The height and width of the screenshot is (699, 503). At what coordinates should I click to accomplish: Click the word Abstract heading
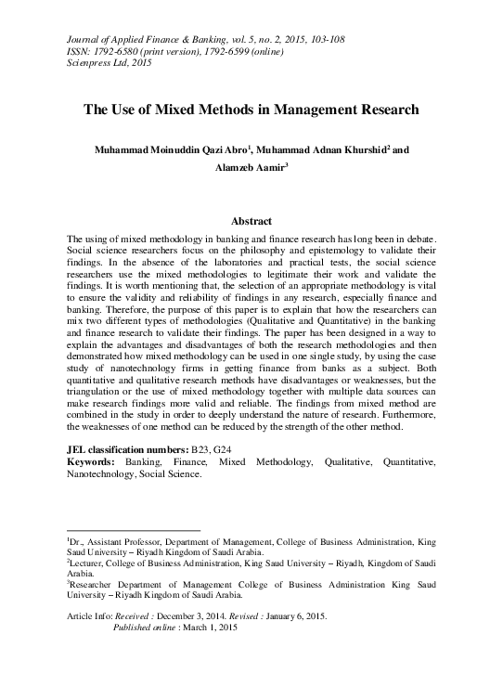click(x=251, y=221)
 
